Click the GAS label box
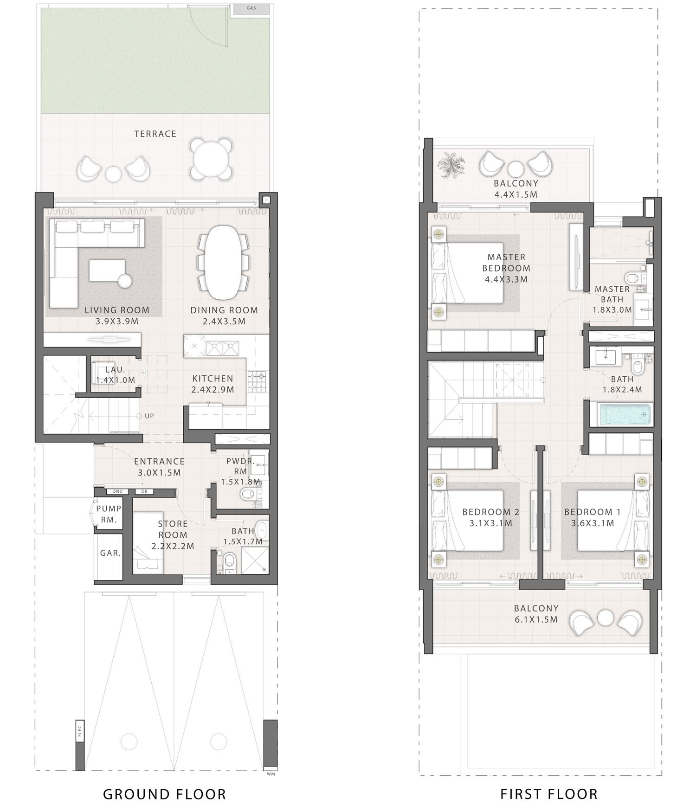click(x=251, y=8)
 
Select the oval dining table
click(x=224, y=263)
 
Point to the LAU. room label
click(x=115, y=370)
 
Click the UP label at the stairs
click(x=149, y=416)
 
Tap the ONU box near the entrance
click(x=117, y=492)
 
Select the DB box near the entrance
click(x=144, y=492)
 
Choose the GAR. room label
click(x=110, y=553)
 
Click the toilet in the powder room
click(x=248, y=495)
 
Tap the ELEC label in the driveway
click(x=79, y=731)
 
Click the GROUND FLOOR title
click(x=164, y=794)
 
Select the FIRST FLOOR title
click(x=549, y=794)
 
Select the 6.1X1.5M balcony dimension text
click(x=536, y=619)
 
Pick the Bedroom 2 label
click(x=490, y=512)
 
